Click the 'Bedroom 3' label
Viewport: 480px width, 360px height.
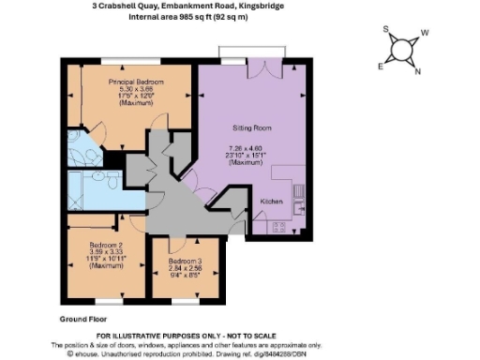click(x=184, y=262)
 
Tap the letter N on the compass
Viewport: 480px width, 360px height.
click(x=416, y=72)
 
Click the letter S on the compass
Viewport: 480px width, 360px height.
click(x=385, y=29)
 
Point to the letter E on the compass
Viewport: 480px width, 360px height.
click(x=380, y=67)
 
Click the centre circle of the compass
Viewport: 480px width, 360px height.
click(x=402, y=51)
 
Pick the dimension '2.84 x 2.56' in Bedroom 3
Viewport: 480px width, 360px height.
click(x=184, y=269)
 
